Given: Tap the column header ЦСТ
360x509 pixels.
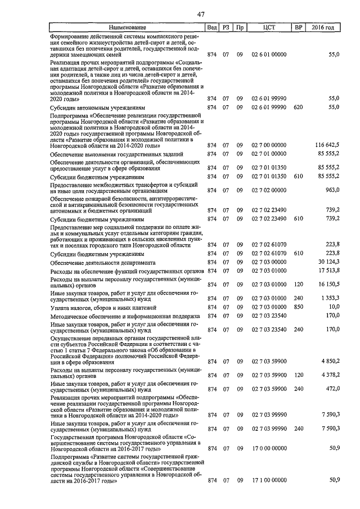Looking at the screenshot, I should click(269, 28).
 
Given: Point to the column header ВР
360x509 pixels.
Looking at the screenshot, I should click(298, 28).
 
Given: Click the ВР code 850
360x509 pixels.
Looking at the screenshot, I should click(299, 307).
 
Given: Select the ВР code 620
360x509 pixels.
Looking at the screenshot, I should click(299, 107).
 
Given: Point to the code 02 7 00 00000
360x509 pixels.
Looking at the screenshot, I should click(269, 145).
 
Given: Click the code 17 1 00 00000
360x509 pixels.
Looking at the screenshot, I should click(269, 481).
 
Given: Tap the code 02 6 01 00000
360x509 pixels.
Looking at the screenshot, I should click(269, 55).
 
